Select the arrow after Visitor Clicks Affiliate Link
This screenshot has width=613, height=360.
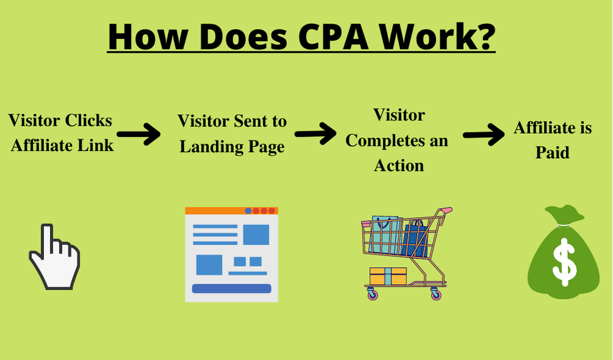pos(138,135)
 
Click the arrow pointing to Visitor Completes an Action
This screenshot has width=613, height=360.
pos(315,132)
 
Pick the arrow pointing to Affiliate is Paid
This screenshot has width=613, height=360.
pos(483,135)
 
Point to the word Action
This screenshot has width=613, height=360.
pos(399,165)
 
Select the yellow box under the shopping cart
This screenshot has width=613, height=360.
pos(388,276)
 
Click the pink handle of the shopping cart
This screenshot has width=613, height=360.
pos(446,211)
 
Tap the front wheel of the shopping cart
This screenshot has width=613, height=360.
pos(372,295)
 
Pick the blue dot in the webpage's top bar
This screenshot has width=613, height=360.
pos(248,211)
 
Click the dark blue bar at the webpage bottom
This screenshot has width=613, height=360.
pos(231,289)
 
